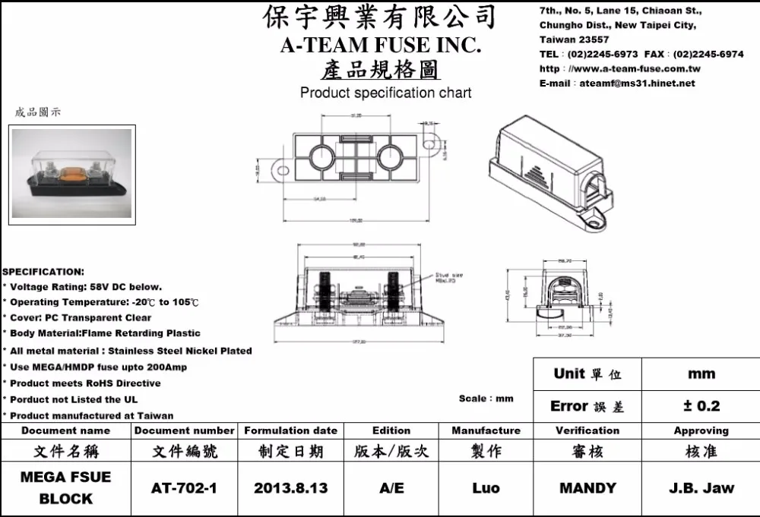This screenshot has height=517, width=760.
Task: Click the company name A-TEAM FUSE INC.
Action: point(380,46)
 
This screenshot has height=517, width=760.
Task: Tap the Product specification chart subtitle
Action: point(385,93)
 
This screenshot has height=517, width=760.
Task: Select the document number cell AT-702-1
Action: point(183,487)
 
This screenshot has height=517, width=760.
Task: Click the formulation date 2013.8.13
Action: point(290,487)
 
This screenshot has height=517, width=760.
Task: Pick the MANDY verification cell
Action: point(587,487)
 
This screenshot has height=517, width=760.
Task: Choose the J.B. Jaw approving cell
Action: point(701,487)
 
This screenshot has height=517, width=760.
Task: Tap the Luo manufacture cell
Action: point(486,487)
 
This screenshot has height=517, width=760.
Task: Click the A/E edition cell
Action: point(391,487)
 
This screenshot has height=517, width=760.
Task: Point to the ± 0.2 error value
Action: point(701,406)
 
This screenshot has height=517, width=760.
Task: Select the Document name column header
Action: point(65,430)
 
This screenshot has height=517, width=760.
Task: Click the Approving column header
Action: point(701,430)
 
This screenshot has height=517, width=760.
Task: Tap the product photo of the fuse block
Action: point(72,175)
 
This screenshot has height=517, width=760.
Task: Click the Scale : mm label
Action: point(486,399)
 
